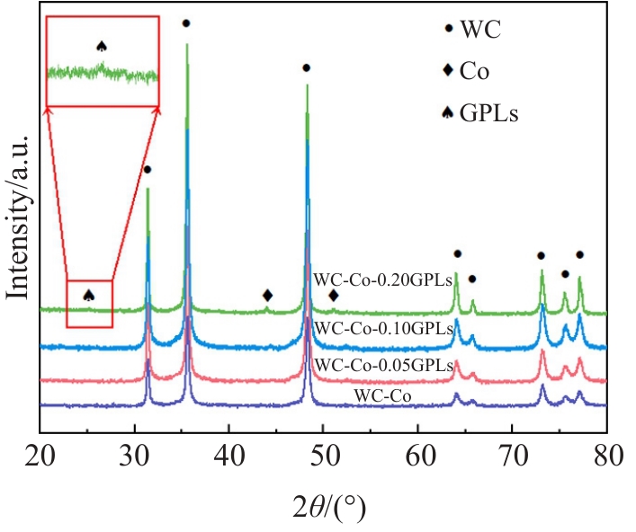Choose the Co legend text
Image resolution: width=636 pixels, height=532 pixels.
pos(474,71)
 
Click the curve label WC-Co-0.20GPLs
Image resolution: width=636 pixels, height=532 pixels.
pos(383,279)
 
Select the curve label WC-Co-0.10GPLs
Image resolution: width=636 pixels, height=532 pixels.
pos(383,329)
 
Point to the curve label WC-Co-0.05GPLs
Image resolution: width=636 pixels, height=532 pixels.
pos(383,364)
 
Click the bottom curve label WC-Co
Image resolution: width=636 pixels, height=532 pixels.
pos(380,394)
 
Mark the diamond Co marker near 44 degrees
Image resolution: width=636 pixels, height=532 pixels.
pos(267,295)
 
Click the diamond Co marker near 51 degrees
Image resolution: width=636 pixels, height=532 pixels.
pos(334,295)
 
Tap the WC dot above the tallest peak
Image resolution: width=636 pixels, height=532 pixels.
pos(186,23)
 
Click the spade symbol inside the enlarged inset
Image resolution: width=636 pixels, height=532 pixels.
pos(102,46)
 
